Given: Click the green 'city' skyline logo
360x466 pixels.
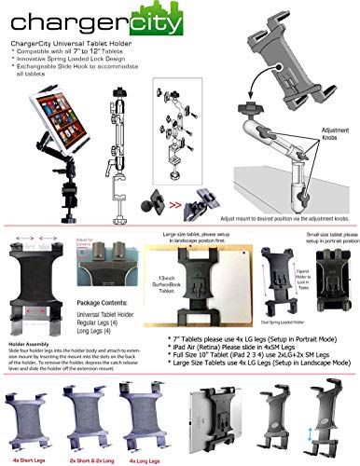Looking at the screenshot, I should pos(128,19).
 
